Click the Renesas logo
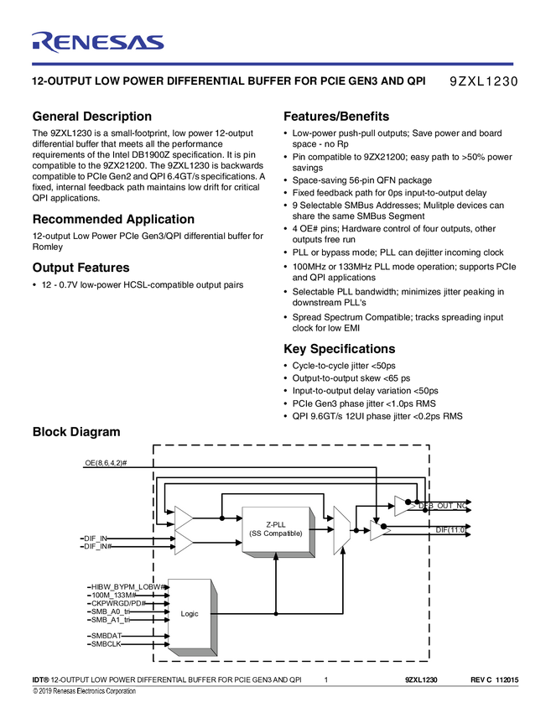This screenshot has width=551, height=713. pos(97,42)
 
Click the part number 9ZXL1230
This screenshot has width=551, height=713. pos(485,82)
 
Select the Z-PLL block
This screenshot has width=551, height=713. pos(275,529)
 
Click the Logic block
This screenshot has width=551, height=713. pos(190,614)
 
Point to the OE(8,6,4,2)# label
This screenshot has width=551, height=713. pos(106,464)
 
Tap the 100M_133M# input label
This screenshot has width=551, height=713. pos(113,595)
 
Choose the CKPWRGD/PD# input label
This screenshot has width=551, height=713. pos(117,603)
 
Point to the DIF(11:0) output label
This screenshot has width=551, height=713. pos(450,530)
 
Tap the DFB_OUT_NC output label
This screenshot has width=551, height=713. pos(444,505)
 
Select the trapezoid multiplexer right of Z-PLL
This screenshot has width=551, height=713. pos(340,530)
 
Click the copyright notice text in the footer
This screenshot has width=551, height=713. pos(84,691)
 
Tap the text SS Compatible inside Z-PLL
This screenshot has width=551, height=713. pos(275,533)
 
